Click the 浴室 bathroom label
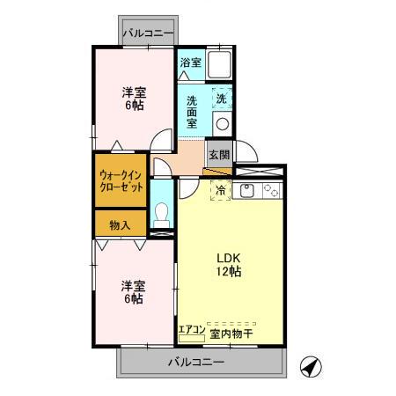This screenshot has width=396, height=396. tap(190, 62)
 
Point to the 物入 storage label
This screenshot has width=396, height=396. tap(120, 225)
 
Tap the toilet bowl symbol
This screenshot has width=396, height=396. tap(161, 214)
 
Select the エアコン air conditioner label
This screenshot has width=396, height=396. tap(192, 331)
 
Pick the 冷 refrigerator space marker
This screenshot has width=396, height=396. tap(219, 191)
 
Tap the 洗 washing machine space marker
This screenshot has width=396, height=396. tap(221, 100)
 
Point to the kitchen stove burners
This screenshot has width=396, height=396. tap(271, 191)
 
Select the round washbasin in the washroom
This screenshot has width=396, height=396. tap(222, 124)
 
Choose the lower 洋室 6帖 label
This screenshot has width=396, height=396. tap(133, 291)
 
